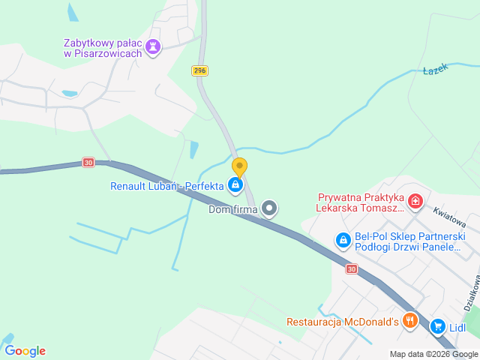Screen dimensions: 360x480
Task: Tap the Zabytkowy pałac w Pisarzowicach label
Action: pyautogui.click(x=104, y=48)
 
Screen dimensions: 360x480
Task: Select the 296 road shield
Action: pyautogui.click(x=199, y=70)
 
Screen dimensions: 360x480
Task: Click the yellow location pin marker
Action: pyautogui.click(x=239, y=167)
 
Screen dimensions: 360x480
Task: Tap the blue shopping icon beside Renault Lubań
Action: pyautogui.click(x=236, y=184)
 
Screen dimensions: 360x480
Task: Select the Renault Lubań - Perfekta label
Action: pyautogui.click(x=166, y=185)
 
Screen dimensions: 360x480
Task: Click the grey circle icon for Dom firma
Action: pyautogui.click(x=270, y=208)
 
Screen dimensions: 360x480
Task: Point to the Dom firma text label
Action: pyautogui.click(x=232, y=209)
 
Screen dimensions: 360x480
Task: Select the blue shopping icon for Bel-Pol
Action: pyautogui.click(x=343, y=240)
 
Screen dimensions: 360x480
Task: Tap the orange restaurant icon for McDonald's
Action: pyautogui.click(x=409, y=321)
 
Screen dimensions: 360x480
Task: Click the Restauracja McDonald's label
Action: pyautogui.click(x=341, y=322)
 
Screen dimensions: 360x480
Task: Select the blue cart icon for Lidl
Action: pyautogui.click(x=437, y=326)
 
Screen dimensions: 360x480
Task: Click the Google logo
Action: pyautogui.click(x=25, y=350)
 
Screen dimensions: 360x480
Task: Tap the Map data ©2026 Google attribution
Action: pyautogui.click(x=433, y=354)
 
